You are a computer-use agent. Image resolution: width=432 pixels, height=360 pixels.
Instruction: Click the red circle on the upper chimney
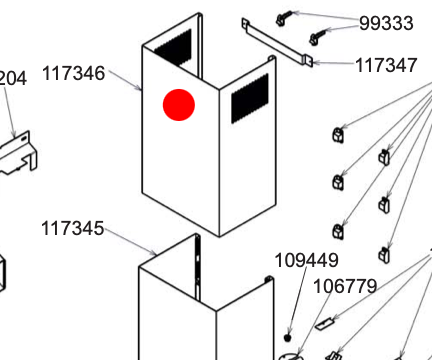tap(179, 105)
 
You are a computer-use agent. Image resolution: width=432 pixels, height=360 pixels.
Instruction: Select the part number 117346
tap(74, 73)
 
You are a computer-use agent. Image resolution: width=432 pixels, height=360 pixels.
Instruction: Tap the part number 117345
tap(72, 229)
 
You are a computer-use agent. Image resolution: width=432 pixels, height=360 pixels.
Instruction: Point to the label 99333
tap(386, 23)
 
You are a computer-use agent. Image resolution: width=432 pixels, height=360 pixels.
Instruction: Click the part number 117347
tap(386, 65)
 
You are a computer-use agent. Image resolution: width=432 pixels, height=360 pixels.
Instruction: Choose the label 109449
tap(306, 260)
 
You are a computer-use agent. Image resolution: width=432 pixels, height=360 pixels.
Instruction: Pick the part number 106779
tap(345, 286)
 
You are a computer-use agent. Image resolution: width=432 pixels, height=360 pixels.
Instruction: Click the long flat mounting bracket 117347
tap(277, 42)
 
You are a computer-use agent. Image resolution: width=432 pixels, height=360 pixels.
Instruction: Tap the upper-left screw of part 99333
tap(284, 18)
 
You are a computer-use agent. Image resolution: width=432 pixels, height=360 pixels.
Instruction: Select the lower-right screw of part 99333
tap(317, 38)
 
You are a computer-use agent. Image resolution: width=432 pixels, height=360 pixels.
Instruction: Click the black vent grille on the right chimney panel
tap(250, 99)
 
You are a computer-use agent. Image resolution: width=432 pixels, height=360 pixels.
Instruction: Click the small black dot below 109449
tap(288, 338)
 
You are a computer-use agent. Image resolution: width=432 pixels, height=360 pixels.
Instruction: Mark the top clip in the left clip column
tap(338, 135)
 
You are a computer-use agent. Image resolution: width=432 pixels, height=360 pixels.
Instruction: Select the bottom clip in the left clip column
tap(338, 231)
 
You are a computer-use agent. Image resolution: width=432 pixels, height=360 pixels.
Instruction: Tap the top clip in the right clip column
tap(384, 157)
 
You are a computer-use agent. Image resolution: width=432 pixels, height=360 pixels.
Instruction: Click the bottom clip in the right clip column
tap(384, 255)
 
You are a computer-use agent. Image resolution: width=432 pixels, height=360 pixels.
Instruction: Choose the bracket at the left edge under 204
tap(19, 154)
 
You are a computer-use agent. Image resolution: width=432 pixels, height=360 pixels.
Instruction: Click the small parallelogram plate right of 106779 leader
tap(324, 324)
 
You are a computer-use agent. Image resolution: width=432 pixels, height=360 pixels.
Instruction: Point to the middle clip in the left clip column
tap(338, 182)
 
